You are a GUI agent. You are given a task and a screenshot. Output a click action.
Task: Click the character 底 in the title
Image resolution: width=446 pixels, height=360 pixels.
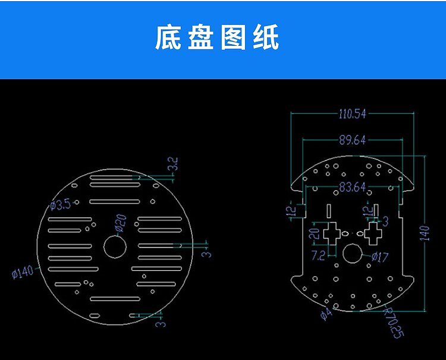(x=168, y=37)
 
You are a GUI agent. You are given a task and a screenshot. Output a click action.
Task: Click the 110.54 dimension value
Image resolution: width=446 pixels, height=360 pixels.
(x=353, y=114)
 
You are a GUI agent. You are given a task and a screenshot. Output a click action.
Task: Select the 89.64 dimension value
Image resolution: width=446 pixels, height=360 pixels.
(x=353, y=140)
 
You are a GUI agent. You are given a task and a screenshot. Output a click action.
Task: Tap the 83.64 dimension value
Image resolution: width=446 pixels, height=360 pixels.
(x=352, y=187)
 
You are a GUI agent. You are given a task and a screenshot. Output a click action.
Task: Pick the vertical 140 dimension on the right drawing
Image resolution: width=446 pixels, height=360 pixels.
(x=425, y=232)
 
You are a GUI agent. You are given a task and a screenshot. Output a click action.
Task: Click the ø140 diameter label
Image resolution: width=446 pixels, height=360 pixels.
(x=23, y=273)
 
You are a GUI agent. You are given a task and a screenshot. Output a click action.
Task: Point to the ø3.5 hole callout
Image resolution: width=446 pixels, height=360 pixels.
(x=61, y=205)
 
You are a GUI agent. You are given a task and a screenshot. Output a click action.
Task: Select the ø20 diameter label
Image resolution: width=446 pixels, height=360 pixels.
(x=120, y=222)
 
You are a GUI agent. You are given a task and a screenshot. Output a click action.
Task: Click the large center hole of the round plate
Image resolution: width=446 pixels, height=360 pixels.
(x=114, y=246)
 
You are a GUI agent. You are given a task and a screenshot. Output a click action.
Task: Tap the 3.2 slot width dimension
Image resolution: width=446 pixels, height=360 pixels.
(x=173, y=164)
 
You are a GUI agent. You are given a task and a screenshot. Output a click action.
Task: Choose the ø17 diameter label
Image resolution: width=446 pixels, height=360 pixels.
(x=379, y=258)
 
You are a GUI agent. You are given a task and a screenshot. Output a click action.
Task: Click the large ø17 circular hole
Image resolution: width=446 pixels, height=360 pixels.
(x=352, y=255)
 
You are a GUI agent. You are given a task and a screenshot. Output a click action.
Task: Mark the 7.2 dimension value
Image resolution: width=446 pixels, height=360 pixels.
(x=318, y=256)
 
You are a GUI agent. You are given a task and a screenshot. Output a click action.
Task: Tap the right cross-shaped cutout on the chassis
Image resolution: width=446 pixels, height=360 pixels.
(x=373, y=233)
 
